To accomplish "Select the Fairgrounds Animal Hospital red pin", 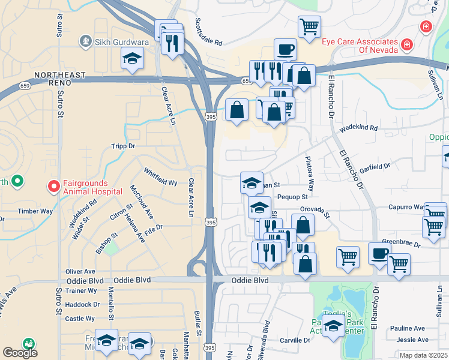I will point(53,187).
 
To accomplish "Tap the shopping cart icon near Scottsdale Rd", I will point(309,26).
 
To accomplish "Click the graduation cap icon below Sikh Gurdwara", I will point(133,59).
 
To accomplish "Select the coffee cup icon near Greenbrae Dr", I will point(379,253).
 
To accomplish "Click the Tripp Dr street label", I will point(123,146).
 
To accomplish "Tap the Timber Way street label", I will point(35,211).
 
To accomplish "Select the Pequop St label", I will point(292,196).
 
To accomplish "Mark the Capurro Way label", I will point(406,206).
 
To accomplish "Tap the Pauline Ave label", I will point(407,328).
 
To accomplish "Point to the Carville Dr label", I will point(295,340).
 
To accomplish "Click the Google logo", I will point(20,353).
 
